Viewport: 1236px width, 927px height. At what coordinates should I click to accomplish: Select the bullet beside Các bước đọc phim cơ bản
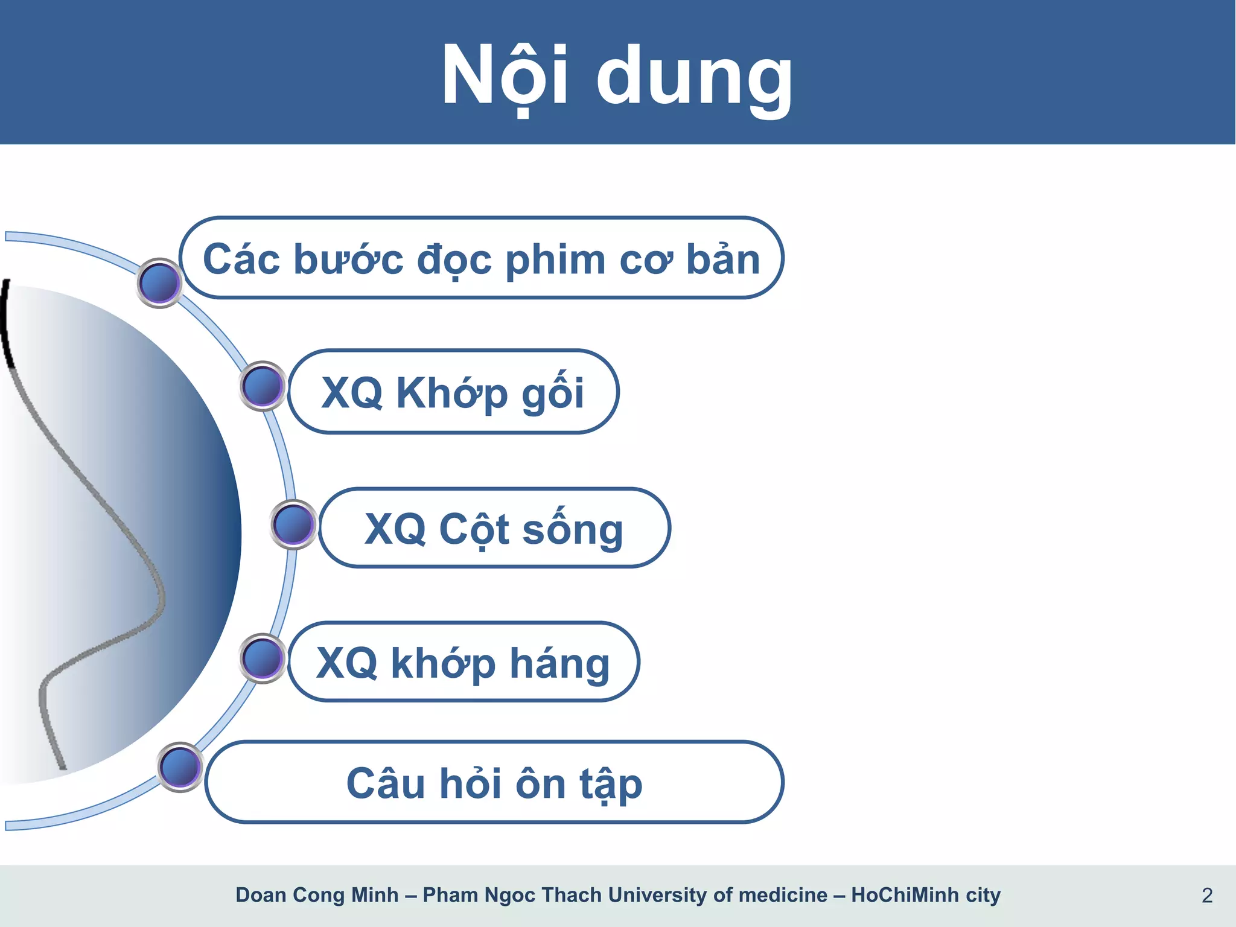click(159, 282)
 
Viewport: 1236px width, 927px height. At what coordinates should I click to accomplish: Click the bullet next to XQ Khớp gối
click(263, 386)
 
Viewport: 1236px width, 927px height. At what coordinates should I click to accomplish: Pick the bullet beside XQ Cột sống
click(293, 524)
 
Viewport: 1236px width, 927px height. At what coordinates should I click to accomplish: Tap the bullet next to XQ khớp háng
click(263, 658)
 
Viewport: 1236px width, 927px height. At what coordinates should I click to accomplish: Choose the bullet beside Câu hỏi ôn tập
click(180, 767)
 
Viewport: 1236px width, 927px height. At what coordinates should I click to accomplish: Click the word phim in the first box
click(555, 261)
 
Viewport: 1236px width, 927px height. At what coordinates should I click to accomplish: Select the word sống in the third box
click(572, 530)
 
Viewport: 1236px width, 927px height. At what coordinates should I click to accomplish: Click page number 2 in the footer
click(1206, 895)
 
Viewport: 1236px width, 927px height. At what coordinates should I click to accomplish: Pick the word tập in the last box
click(611, 785)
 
